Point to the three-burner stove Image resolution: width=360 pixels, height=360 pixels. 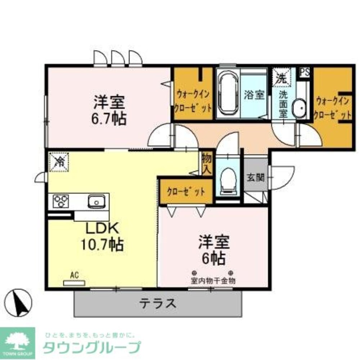coord(60,201)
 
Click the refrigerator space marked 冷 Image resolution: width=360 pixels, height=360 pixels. coord(58,162)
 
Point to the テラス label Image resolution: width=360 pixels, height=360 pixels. coord(158,304)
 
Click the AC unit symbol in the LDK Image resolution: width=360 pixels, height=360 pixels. coord(74,283)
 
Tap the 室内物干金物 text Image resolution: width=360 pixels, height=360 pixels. coord(213,281)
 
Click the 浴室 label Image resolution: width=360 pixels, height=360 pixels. coord(254,95)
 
